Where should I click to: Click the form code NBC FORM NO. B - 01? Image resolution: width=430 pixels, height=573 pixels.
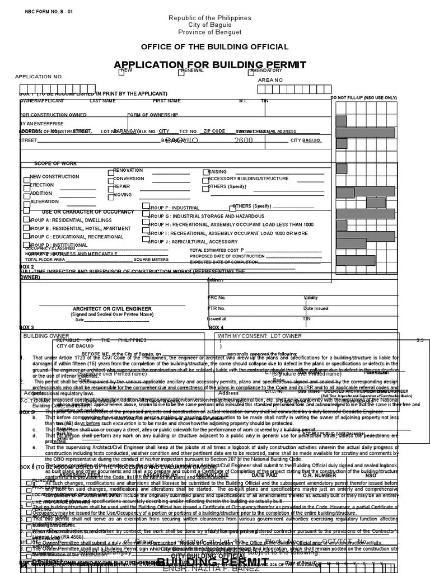pyautogui.click(x=49, y=12)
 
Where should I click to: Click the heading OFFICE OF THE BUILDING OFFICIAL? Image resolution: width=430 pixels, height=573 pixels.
pyautogui.click(x=214, y=47)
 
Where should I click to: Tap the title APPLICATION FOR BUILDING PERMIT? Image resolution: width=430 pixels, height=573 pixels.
pyautogui.click(x=211, y=64)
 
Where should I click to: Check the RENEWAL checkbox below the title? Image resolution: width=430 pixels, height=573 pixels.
pyautogui.click(x=181, y=72)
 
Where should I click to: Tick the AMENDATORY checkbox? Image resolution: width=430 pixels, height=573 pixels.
pyautogui.click(x=251, y=72)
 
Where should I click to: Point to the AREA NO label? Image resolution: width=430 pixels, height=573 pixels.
pyautogui.click(x=270, y=81)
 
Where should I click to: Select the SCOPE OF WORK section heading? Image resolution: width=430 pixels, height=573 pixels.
pyautogui.click(x=55, y=163)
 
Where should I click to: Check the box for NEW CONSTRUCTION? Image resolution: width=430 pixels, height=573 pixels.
pyautogui.click(x=26, y=180)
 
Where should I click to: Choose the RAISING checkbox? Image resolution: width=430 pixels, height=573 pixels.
pyautogui.click(x=205, y=172)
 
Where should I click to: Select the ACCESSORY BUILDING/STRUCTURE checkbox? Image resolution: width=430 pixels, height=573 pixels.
pyautogui.click(x=205, y=180)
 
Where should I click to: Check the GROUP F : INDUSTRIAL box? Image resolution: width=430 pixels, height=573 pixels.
pyautogui.click(x=146, y=206)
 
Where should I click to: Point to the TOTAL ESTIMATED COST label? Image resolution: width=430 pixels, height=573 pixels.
pyautogui.click(x=217, y=250)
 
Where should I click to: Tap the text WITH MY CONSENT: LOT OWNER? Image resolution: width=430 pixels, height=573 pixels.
pyautogui.click(x=259, y=336)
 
